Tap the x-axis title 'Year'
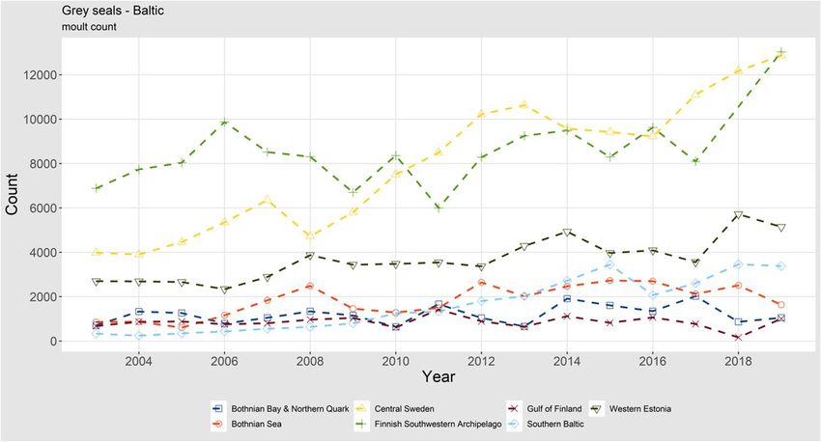(x=438, y=374)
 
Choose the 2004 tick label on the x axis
(x=138, y=360)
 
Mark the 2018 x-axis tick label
(x=737, y=360)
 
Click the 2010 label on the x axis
(x=395, y=360)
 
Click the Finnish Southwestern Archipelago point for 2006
(x=224, y=123)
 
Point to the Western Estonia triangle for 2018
(x=738, y=214)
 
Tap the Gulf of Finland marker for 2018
(x=738, y=338)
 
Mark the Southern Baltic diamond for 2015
(x=609, y=264)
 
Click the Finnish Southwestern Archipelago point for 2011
(x=439, y=208)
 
